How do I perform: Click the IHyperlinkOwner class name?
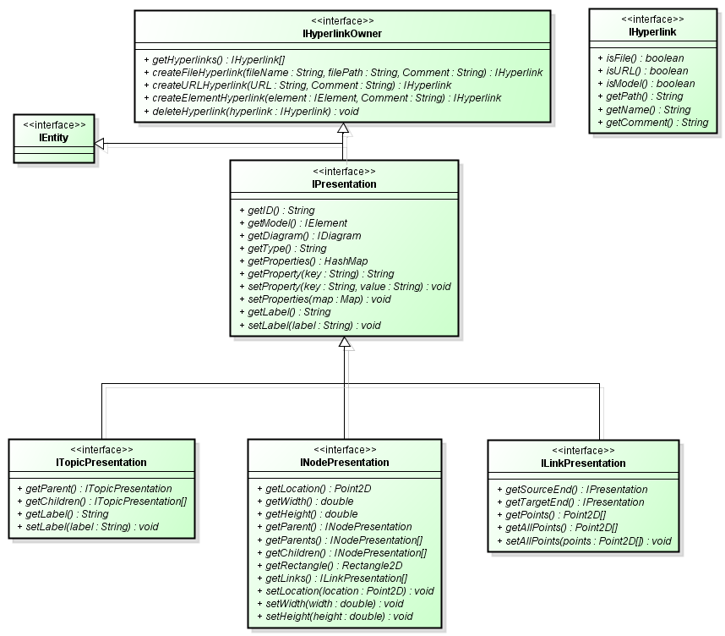coord(342,33)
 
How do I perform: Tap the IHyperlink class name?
coord(652,32)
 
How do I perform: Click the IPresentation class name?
coord(345,184)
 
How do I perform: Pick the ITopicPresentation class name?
coord(101,463)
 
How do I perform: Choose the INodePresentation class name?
coord(345,463)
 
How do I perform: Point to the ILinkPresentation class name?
coord(583,463)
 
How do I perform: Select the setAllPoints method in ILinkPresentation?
coord(587,540)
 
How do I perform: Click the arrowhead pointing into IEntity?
coord(100,145)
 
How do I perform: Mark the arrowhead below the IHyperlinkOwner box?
coord(342,128)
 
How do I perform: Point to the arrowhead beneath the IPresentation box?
coord(344,343)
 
